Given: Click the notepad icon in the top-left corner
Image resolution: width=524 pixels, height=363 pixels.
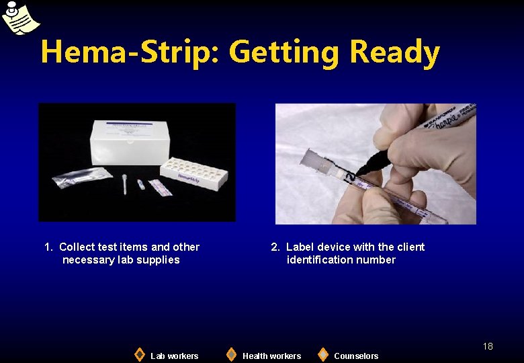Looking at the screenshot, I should [x=19, y=18].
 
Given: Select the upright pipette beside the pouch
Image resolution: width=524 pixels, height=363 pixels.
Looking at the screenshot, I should [x=125, y=183].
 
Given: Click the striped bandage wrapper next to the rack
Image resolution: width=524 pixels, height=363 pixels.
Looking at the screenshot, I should [x=161, y=187].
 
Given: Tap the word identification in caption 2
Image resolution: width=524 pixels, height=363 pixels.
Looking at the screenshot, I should [x=320, y=259].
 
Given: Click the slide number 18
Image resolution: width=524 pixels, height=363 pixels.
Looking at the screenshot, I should [x=488, y=346].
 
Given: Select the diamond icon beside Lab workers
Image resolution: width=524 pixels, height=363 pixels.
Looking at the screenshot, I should [x=139, y=354].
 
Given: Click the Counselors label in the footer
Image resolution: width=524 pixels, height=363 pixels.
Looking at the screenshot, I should [x=356, y=356].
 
